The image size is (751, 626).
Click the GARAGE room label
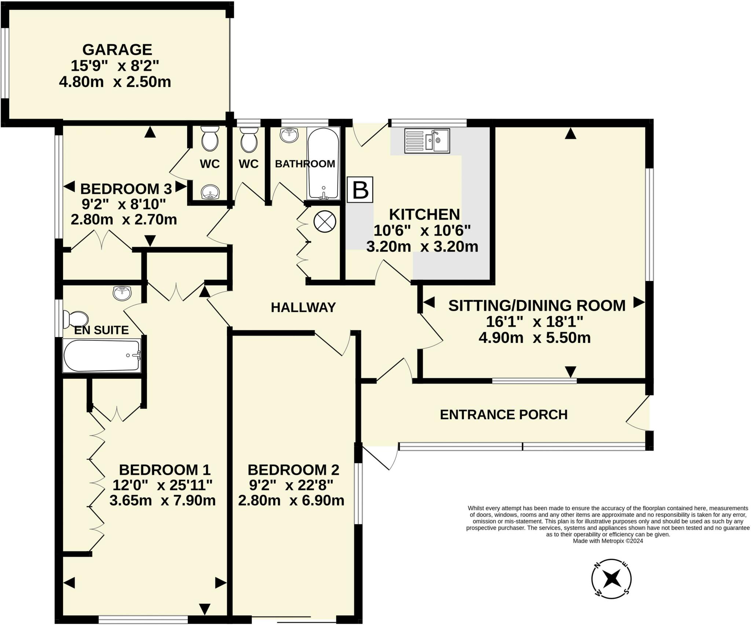(x=117, y=50)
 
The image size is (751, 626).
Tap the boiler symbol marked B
(x=360, y=190)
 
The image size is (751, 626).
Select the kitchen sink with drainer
(x=427, y=141)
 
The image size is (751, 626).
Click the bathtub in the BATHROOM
(x=323, y=164)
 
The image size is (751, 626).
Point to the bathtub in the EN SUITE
(x=102, y=355)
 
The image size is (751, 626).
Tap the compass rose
(x=611, y=579)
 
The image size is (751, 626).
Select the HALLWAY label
(x=303, y=307)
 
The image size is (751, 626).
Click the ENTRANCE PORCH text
(x=503, y=415)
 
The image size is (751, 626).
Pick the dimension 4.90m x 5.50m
(x=534, y=338)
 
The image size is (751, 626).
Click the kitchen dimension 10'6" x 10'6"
(x=422, y=231)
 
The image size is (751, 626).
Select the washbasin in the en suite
(x=122, y=293)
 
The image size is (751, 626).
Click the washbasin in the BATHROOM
(x=289, y=135)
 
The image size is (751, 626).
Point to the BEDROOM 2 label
(x=293, y=470)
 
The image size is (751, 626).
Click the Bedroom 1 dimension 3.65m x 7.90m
(x=162, y=501)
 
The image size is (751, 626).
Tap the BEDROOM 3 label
(x=126, y=189)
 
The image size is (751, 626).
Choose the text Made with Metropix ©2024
(x=608, y=541)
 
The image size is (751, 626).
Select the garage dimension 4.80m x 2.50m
(x=115, y=82)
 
